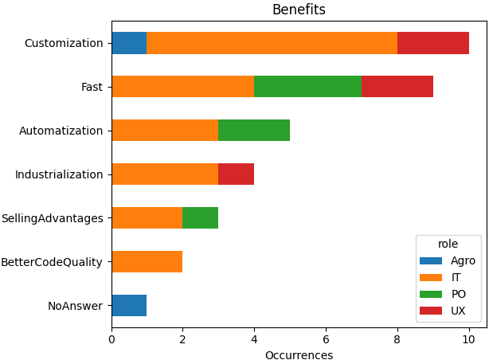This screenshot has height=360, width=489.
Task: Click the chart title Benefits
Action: (299, 10)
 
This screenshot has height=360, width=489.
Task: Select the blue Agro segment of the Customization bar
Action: (129, 43)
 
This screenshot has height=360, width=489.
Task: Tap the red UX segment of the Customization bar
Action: (433, 43)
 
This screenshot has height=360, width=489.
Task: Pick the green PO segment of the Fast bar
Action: (307, 87)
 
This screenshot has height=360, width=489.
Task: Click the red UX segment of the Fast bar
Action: (397, 87)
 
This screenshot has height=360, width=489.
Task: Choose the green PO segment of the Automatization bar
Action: (254, 130)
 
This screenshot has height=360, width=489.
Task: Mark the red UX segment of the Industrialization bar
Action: (237, 174)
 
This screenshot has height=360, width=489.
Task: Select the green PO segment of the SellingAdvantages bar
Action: (201, 217)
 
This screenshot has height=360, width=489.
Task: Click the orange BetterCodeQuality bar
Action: (147, 261)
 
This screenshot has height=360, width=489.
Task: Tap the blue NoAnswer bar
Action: (129, 305)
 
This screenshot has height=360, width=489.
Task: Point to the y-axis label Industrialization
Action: (59, 174)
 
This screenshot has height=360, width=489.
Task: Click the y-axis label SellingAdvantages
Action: (53, 218)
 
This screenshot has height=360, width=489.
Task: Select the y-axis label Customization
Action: (64, 43)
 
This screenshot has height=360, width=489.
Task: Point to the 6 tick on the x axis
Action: (326, 338)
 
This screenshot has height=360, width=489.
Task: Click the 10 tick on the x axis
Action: (469, 338)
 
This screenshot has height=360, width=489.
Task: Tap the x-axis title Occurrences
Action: (299, 354)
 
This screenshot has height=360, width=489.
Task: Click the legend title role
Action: (448, 245)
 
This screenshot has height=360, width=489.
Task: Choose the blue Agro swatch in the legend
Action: (431, 261)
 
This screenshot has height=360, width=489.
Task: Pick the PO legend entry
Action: (458, 294)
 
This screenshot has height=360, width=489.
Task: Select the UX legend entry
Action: (458, 311)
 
